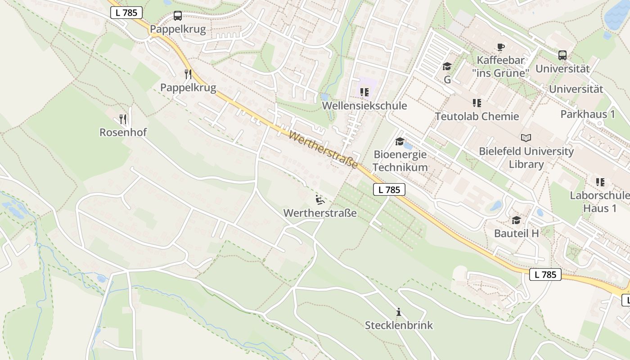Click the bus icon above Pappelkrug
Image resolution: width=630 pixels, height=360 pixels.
178,16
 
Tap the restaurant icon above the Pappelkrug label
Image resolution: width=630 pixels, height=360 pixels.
188,74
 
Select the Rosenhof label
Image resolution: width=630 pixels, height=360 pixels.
123,132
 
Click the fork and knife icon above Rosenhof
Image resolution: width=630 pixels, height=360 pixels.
123,119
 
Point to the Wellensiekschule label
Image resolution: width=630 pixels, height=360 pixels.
364,106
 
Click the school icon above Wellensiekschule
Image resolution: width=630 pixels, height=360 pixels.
364,93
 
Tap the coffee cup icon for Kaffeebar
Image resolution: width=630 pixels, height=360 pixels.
500,47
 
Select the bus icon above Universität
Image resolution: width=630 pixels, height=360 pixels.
562,55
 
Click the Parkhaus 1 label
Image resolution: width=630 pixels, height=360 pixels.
587,114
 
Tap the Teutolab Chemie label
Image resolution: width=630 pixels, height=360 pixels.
477,117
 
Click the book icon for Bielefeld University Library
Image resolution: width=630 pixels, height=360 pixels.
526,138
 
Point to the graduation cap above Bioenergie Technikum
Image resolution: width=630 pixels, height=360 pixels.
399,142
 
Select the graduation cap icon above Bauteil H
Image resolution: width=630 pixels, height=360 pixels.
516,220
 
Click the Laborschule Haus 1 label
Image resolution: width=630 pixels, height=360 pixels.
599,202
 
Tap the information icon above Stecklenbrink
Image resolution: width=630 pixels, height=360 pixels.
398,312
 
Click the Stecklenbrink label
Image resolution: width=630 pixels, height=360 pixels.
398,325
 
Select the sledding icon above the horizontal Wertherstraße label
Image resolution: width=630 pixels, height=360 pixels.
319,199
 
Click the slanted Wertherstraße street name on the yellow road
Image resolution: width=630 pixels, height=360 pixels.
324,150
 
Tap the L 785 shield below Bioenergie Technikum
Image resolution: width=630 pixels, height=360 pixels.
389,189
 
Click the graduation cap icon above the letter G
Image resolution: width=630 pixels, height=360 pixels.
447,67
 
